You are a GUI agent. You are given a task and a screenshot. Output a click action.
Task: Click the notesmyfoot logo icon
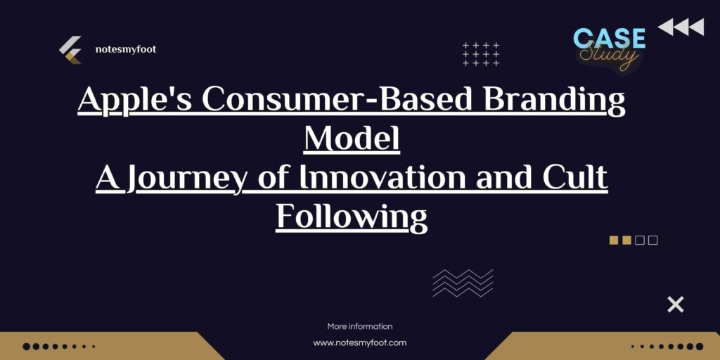70,50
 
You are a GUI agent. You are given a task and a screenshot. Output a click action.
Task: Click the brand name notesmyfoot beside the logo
125,50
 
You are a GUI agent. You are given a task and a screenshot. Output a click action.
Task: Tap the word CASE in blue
609,38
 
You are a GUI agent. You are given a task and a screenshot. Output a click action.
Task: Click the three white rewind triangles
681,27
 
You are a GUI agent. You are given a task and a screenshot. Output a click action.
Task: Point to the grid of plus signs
481,54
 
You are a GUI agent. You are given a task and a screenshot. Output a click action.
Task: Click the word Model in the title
352,139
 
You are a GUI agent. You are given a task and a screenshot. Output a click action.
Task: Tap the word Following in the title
352,217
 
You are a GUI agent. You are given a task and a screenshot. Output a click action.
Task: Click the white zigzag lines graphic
463,283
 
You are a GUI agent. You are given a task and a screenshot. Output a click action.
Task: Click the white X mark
675,304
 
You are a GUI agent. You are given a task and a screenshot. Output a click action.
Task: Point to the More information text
360,326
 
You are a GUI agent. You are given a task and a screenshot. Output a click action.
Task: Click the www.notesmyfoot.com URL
360,343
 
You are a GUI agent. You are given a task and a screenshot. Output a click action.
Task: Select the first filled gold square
613,240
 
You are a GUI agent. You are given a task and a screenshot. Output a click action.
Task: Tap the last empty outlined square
653,240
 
